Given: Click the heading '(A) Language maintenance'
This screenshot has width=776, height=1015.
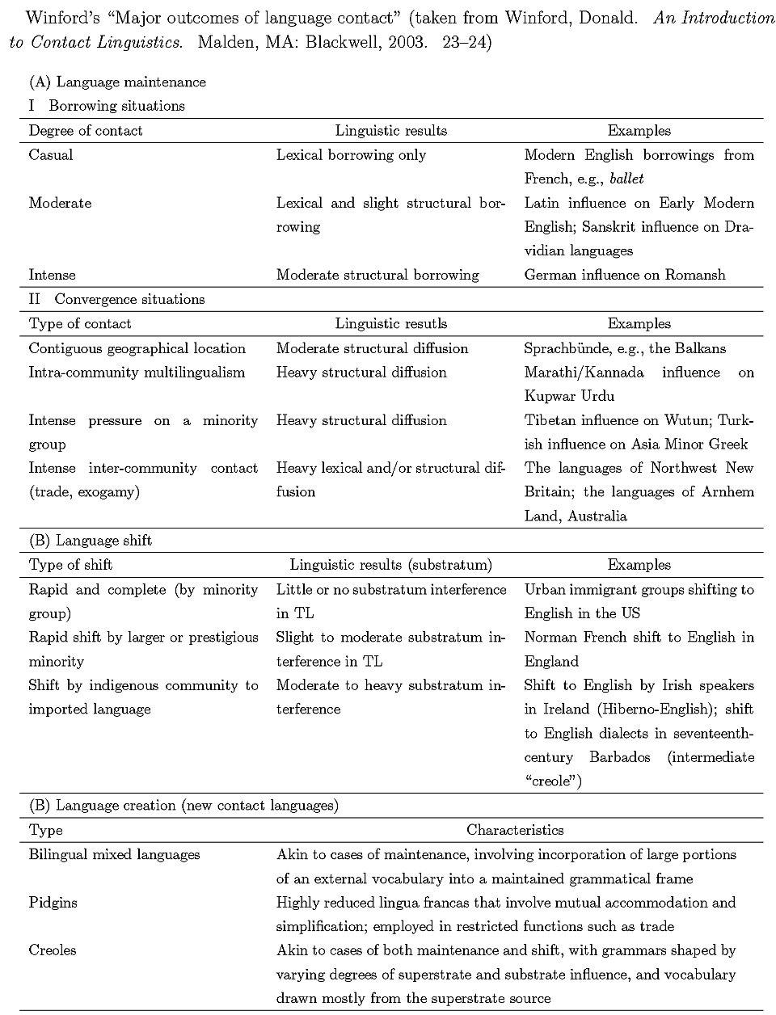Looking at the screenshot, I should (x=117, y=82).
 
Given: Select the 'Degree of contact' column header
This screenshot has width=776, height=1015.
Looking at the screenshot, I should (x=86, y=130).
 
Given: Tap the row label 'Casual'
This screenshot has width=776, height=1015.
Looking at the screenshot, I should (x=51, y=154).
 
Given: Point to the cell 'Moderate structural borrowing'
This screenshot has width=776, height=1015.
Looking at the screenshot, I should (x=377, y=275).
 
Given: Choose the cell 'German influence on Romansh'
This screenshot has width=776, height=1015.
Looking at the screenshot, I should (x=625, y=275).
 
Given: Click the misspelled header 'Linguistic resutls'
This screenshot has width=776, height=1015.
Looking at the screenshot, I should (x=391, y=323).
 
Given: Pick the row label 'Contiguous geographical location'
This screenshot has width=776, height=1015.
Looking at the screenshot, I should (x=137, y=348).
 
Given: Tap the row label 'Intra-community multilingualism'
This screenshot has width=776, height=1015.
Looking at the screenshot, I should (x=137, y=372).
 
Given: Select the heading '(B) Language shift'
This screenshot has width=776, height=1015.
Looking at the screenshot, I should (x=91, y=540).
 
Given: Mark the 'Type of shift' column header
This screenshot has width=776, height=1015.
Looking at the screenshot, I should (x=70, y=565).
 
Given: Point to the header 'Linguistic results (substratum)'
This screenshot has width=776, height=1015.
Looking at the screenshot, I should (x=391, y=565).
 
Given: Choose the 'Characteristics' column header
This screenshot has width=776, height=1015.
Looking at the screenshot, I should (x=515, y=829).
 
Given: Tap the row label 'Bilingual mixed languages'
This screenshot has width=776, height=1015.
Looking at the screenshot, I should (x=114, y=854).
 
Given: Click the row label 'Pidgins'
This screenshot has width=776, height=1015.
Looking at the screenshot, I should (x=53, y=902).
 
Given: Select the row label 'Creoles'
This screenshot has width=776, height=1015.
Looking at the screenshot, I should (x=53, y=950).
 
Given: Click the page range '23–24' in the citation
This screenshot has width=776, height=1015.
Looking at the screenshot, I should (x=467, y=42).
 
